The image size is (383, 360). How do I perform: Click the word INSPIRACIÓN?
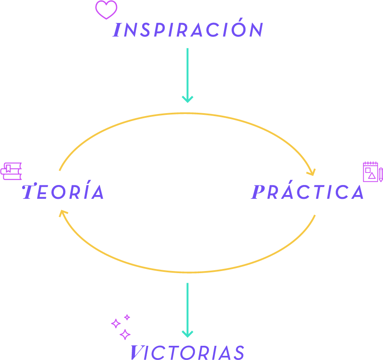tap(188, 30)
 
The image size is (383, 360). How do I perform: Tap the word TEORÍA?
tap(63, 192)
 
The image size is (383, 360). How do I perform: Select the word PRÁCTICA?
tap(308, 192)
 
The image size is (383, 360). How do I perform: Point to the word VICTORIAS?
tap(187, 352)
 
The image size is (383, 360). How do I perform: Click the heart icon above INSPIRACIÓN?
tap(106, 10)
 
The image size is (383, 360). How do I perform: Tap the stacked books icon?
tap(12, 171)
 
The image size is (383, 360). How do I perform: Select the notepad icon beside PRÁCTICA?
tap(370, 172)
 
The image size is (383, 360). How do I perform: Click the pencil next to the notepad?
tap(380, 175)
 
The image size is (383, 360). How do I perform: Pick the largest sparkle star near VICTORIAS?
tap(125, 334)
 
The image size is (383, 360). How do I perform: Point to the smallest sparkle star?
tap(127, 317)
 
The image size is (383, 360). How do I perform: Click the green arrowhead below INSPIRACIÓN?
tap(187, 99)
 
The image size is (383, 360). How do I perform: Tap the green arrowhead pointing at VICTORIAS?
tap(187, 334)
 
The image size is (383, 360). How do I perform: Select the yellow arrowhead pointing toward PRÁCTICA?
tap(311, 172)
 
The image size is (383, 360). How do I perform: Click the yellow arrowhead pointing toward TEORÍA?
tap(63, 214)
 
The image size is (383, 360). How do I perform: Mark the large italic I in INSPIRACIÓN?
tap(117, 30)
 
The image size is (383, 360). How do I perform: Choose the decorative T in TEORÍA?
tap(28, 192)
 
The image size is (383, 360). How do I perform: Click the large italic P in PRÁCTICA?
tap(258, 192)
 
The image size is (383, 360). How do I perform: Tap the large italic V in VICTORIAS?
tap(135, 352)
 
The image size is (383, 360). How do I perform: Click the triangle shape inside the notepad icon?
tap(372, 175)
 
